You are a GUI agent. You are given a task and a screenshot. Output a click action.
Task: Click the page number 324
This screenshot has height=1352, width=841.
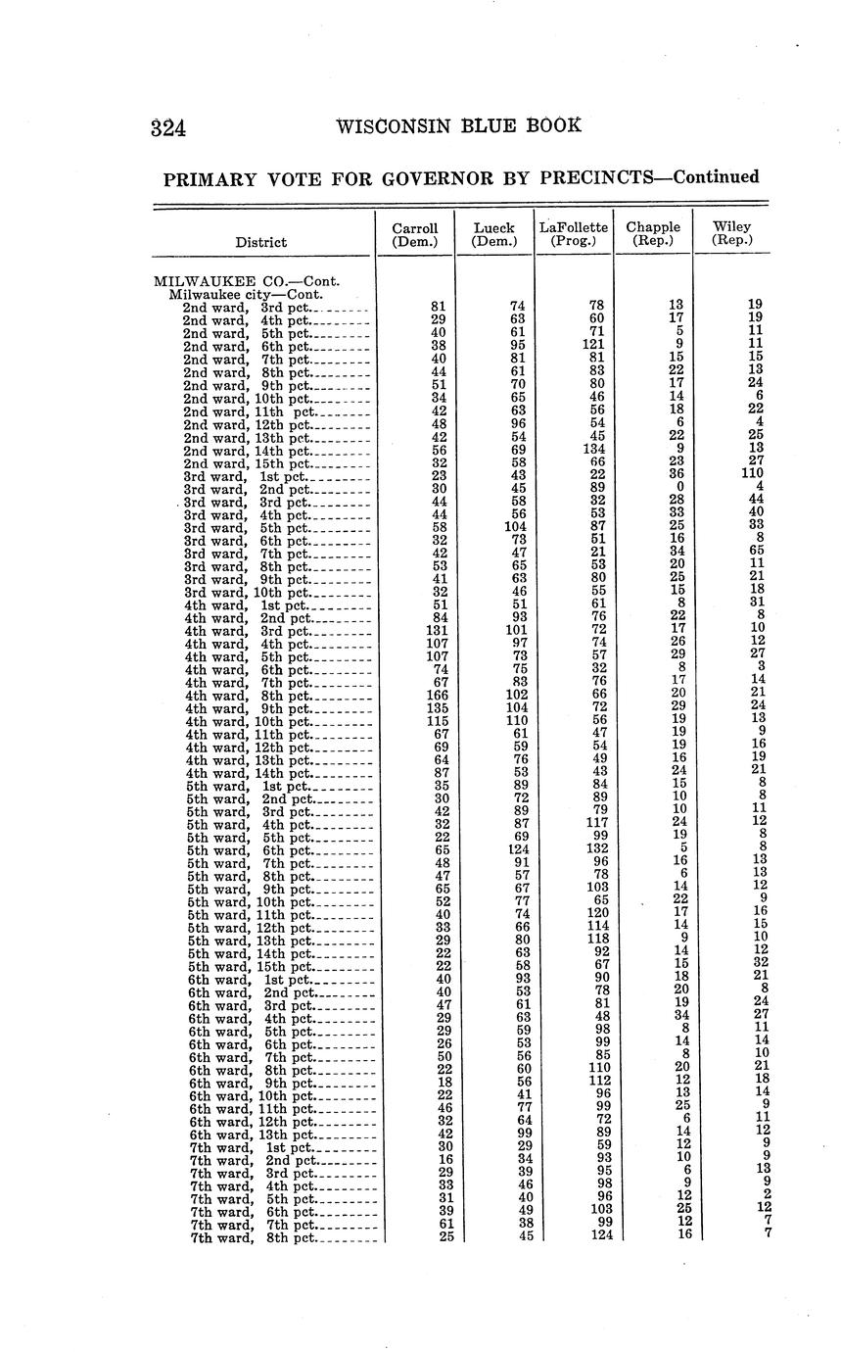(x=169, y=128)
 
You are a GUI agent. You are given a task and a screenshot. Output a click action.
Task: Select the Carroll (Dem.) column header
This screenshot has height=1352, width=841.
(x=414, y=234)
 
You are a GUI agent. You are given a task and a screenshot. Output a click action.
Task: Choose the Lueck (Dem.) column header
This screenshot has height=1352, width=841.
(x=493, y=234)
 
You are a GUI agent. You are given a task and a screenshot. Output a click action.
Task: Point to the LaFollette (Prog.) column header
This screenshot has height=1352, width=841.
(x=574, y=234)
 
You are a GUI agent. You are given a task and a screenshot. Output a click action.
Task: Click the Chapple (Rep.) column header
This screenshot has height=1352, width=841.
(x=653, y=234)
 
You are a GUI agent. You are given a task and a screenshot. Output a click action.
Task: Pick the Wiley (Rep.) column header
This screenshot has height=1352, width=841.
(x=731, y=234)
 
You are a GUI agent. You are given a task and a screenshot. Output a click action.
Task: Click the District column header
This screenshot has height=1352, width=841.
(x=261, y=242)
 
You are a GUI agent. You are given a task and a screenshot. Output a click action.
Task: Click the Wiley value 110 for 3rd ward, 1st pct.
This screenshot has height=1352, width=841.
(x=749, y=476)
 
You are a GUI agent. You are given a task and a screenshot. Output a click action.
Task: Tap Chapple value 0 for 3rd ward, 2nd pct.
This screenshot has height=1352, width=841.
(x=679, y=489)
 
